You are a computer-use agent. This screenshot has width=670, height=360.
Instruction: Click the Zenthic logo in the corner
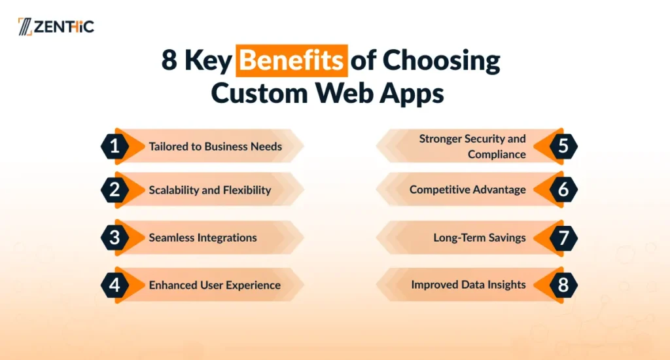56,26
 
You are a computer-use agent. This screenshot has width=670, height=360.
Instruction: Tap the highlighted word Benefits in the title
291,60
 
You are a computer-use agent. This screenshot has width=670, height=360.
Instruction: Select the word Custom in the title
259,92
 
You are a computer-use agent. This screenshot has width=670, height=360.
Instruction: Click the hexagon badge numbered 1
115,146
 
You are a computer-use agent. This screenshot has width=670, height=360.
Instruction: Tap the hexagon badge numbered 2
115,190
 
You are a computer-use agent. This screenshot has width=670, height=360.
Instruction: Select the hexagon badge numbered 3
115,238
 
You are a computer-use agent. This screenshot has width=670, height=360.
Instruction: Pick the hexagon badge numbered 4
115,285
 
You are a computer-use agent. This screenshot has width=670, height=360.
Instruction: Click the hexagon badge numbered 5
563,146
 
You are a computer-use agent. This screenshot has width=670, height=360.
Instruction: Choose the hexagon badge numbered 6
563,189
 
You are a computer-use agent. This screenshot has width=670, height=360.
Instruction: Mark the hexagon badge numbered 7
563,238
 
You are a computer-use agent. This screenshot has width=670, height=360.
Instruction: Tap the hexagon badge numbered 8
563,285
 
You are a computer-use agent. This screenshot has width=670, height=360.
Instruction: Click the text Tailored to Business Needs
215,146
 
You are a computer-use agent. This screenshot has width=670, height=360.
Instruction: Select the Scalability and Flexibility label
210,190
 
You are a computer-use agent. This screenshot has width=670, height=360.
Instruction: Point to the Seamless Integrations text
203,238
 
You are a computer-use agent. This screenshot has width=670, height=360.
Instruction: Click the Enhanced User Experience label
215,285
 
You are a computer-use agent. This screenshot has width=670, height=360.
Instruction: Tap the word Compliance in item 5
497,154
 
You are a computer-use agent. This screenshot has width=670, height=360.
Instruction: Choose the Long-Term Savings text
480,238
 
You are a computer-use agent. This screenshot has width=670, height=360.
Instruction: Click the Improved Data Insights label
468,285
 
